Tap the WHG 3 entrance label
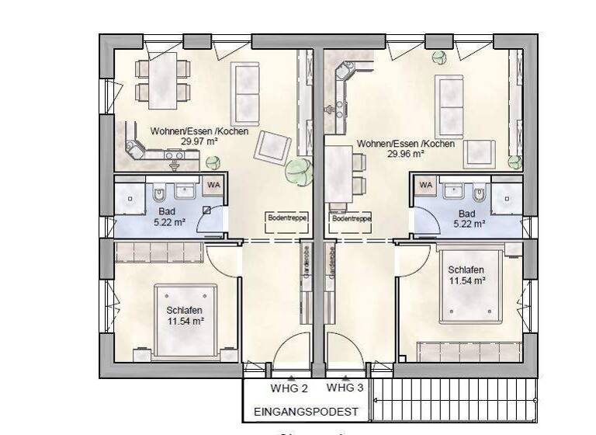coord(345,388)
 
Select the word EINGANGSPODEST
coord(305,412)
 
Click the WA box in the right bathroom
coord(425,185)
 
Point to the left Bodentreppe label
coord(286,218)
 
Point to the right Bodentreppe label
coord(351,219)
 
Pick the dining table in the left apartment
coord(163,80)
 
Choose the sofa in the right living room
coord(449,106)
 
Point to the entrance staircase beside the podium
coord(453,399)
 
